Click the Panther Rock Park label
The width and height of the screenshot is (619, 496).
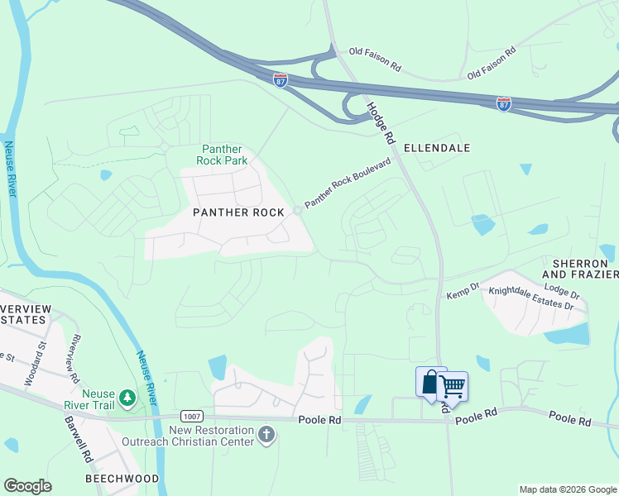221,155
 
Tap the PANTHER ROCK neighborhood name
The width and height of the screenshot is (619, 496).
238,212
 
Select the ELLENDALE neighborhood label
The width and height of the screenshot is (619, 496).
437,148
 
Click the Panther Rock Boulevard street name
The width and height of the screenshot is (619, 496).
348,184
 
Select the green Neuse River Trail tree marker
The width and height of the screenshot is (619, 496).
127,398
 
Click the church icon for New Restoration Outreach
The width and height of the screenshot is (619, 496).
266,435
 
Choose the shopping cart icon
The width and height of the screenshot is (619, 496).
453,386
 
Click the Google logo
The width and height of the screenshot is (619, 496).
27,486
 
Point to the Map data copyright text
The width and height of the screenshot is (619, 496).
567,489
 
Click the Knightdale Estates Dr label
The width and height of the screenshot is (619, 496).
530,298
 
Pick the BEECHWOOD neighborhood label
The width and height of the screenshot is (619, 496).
122,479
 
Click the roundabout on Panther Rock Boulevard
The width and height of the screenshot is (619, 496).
297,210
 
